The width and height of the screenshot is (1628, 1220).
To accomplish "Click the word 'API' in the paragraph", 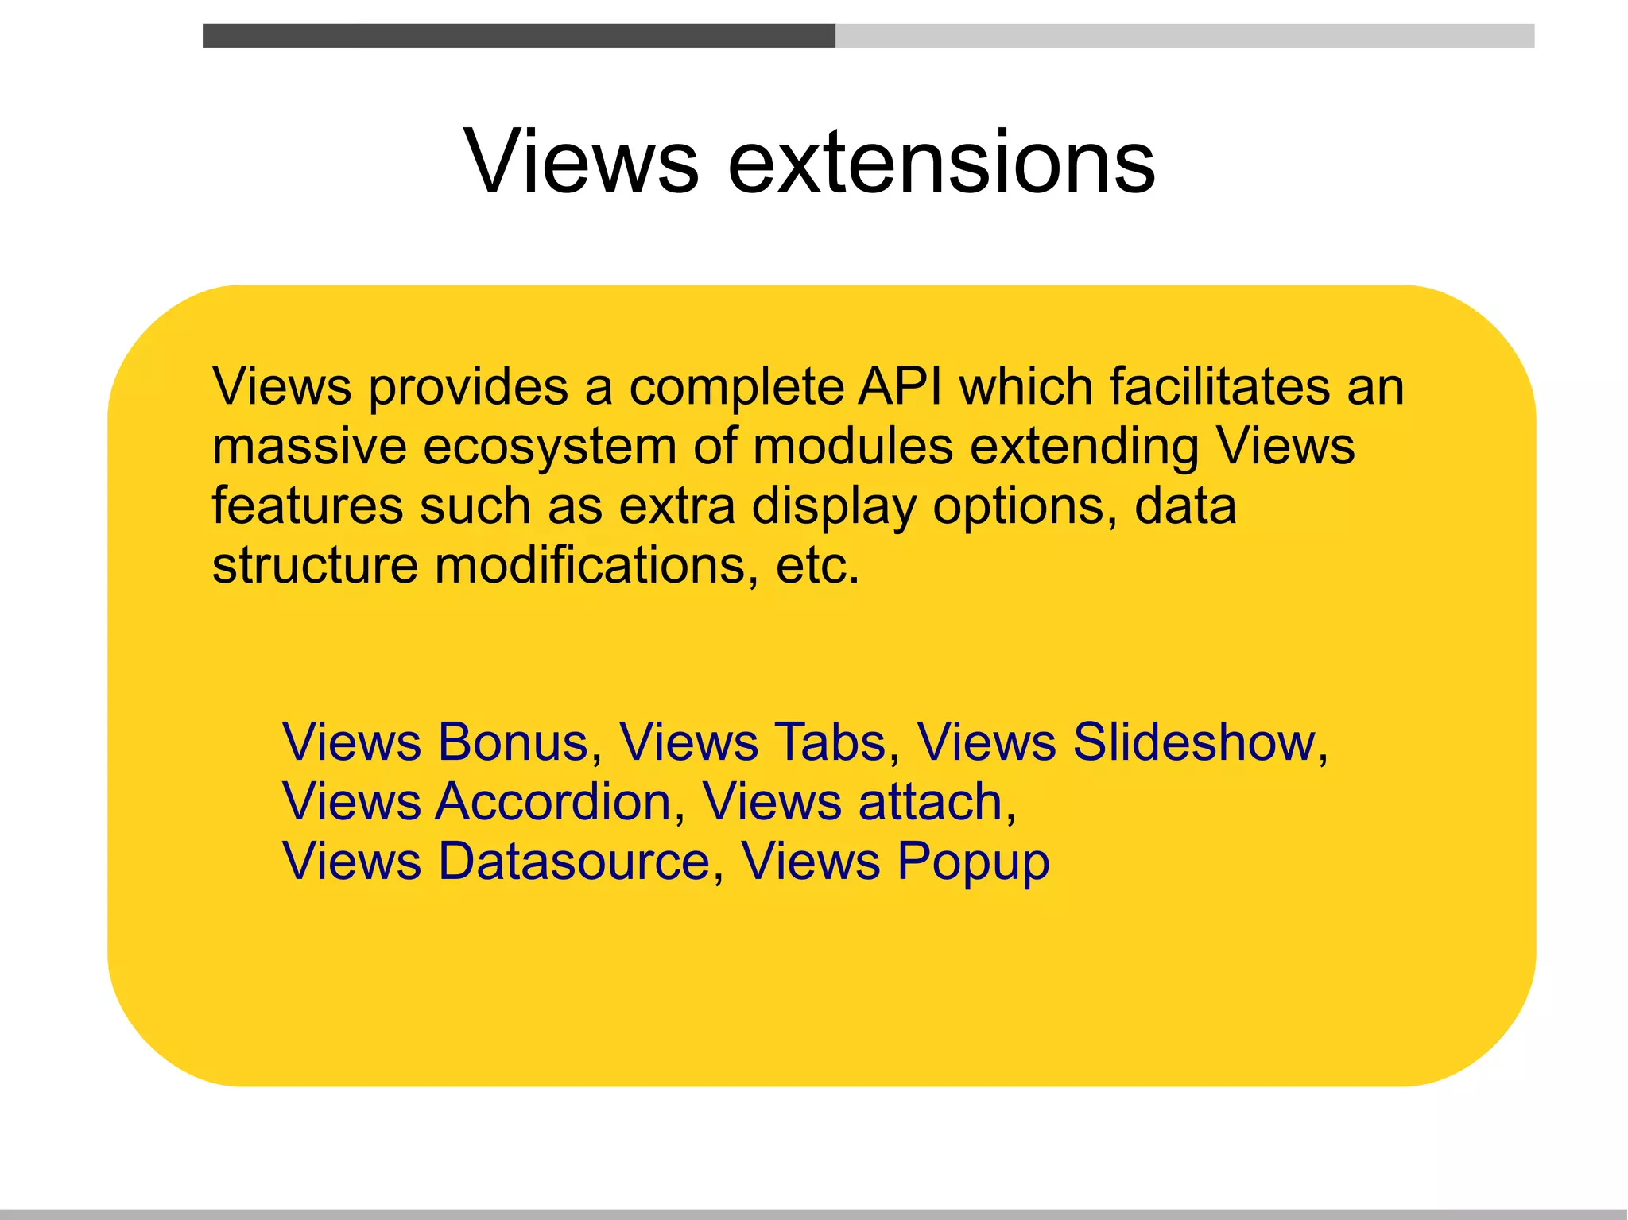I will coord(899,386).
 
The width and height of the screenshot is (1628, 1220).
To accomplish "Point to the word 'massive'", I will coord(308,446).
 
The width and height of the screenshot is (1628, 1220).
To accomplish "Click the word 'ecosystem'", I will coord(549,447).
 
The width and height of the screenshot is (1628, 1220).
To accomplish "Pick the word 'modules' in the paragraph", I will coord(853,446).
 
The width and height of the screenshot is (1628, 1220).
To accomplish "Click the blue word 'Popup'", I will coord(973,862).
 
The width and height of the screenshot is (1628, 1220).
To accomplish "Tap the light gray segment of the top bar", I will coord(1184,36).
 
